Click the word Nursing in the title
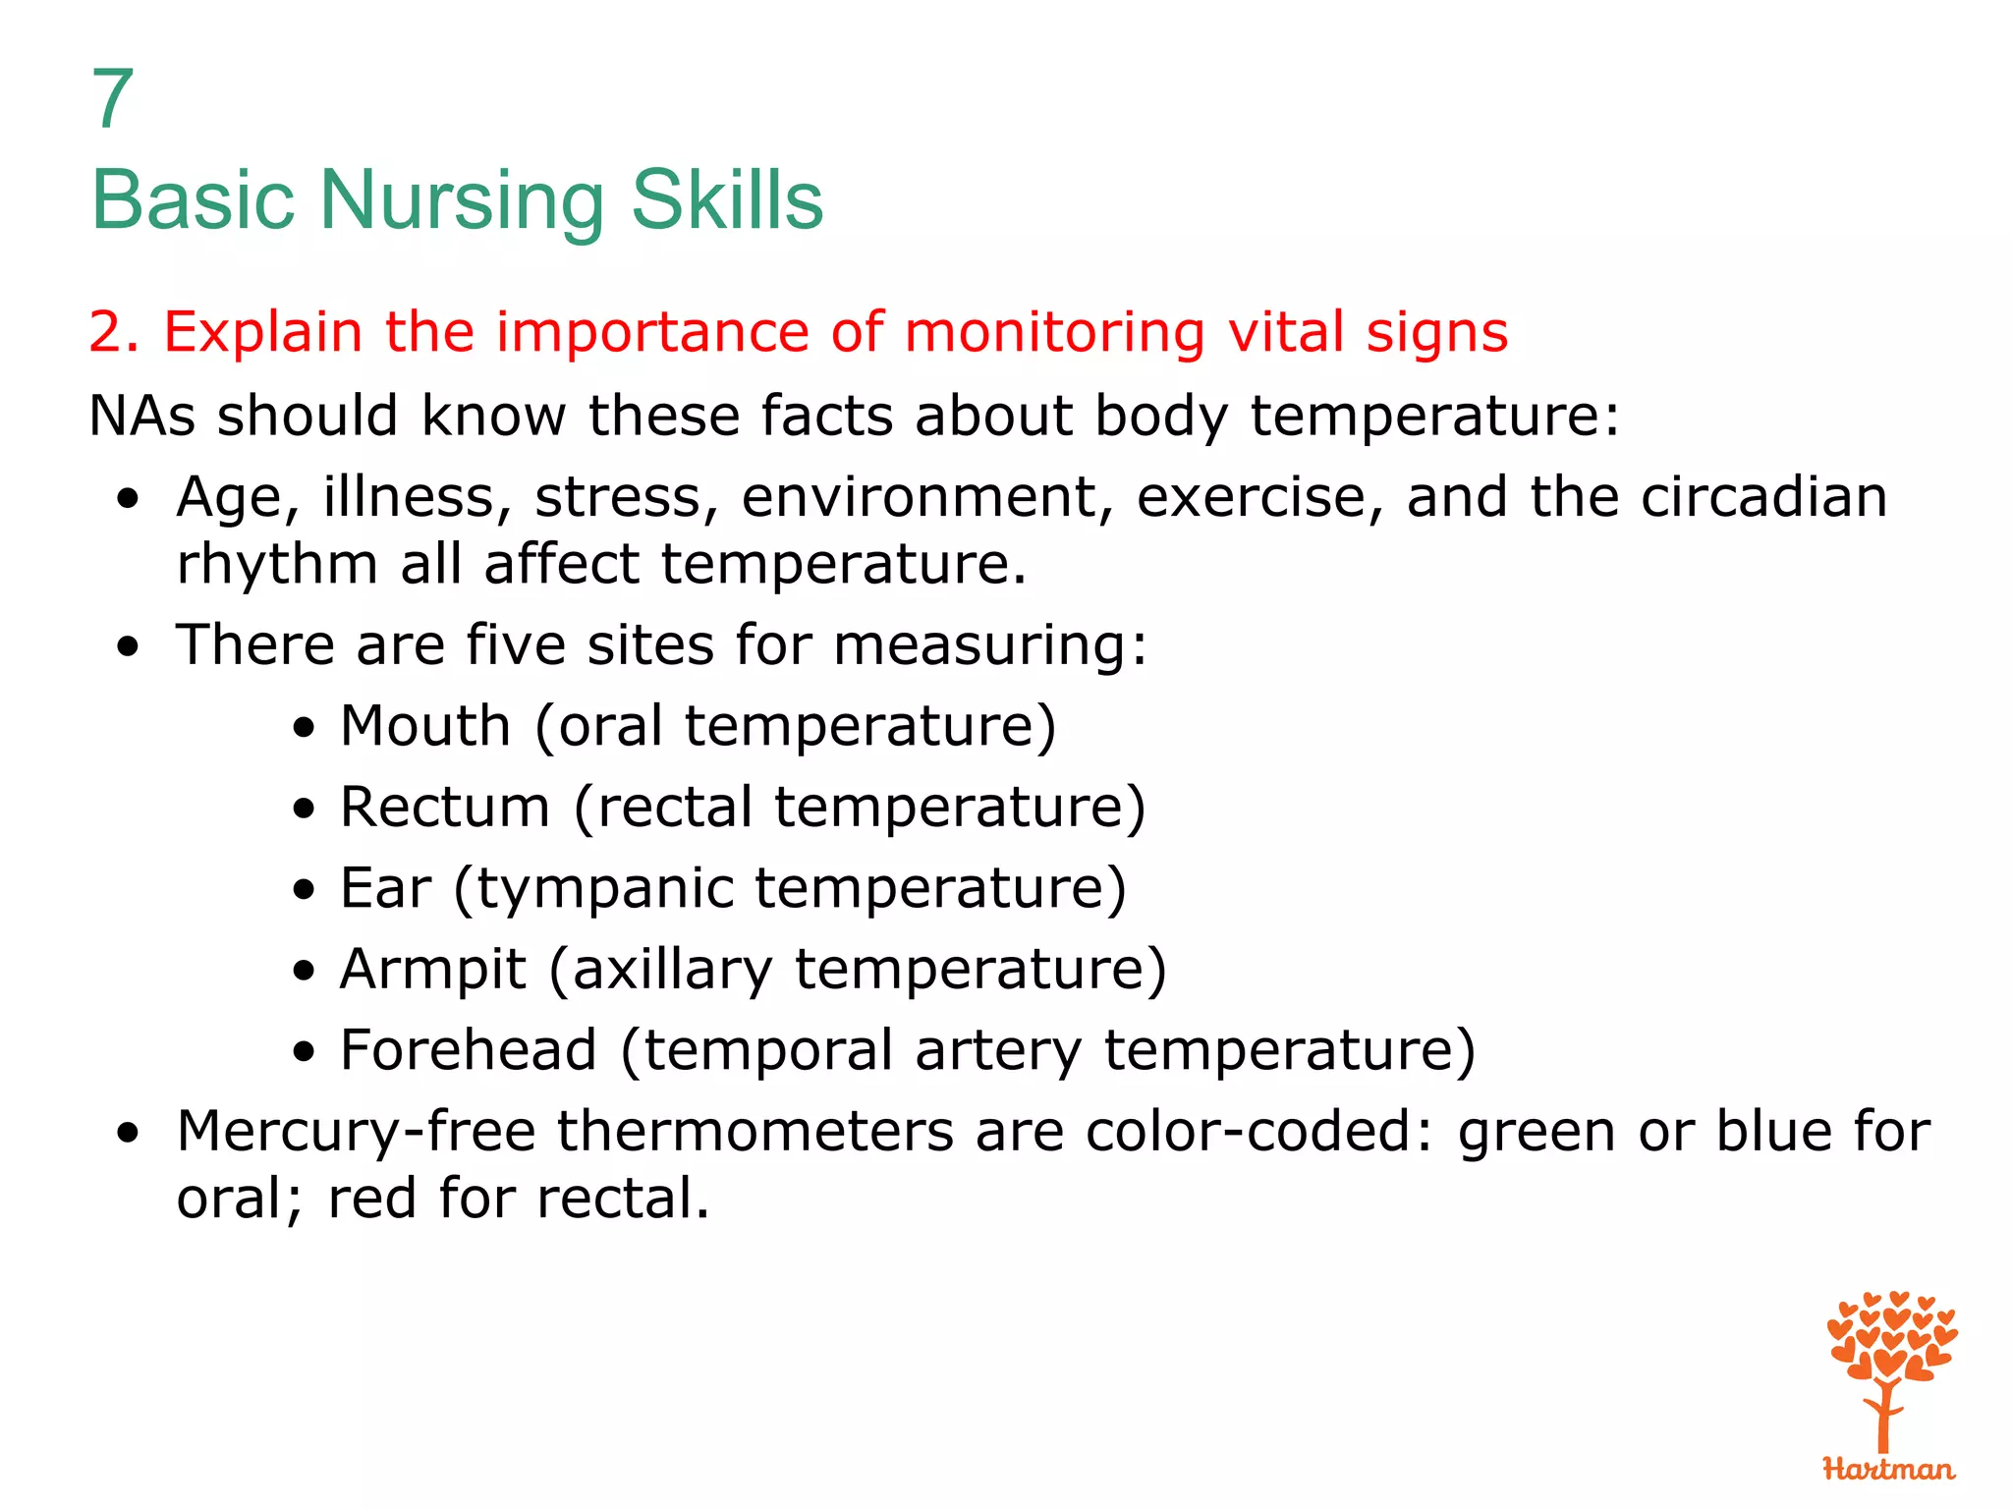tap(461, 200)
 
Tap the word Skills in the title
tap(726, 200)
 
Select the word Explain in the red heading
tap(262, 331)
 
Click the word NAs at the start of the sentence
tap(142, 415)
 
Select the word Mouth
tap(424, 726)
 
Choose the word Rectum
tap(444, 808)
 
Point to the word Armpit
tap(432, 970)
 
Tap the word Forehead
tap(468, 1050)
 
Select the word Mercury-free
tap(356, 1132)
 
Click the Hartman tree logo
tap(1888, 1385)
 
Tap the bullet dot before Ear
tap(305, 890)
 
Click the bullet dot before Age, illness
tap(127, 499)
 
